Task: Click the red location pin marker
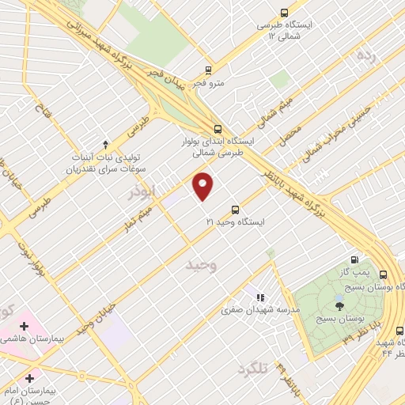click(203, 186)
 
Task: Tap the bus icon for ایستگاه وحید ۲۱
click(235, 210)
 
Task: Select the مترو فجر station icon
click(208, 70)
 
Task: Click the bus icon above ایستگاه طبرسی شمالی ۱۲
click(284, 13)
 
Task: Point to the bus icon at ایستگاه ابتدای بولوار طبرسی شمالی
click(218, 130)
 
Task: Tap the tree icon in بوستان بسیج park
click(339, 304)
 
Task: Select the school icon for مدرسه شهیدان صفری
click(259, 298)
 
